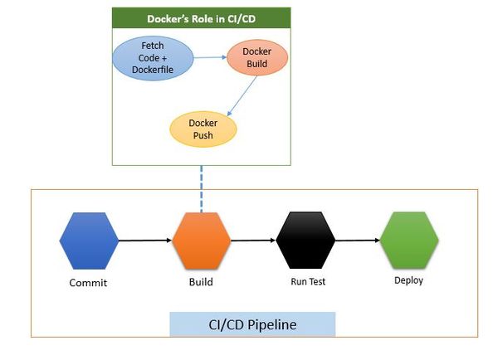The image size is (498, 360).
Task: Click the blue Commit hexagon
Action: click(x=89, y=241)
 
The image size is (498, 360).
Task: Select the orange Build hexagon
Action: click(x=201, y=241)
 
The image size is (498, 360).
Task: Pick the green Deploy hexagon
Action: click(x=408, y=239)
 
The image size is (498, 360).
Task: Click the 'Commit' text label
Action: click(x=88, y=283)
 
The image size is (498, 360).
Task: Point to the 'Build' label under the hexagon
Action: click(x=201, y=282)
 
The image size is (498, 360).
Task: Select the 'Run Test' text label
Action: click(x=308, y=281)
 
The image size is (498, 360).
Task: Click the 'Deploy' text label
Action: click(x=408, y=280)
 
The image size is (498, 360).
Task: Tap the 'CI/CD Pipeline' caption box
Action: click(x=252, y=324)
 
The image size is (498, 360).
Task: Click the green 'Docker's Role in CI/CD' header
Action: click(x=202, y=17)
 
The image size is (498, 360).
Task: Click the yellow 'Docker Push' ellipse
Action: click(x=203, y=129)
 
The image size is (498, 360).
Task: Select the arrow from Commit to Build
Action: click(x=145, y=241)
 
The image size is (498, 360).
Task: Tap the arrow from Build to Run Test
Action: click(x=253, y=241)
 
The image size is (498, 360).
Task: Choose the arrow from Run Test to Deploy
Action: click(x=358, y=241)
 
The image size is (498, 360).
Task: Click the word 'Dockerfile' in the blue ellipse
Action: click(x=154, y=70)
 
